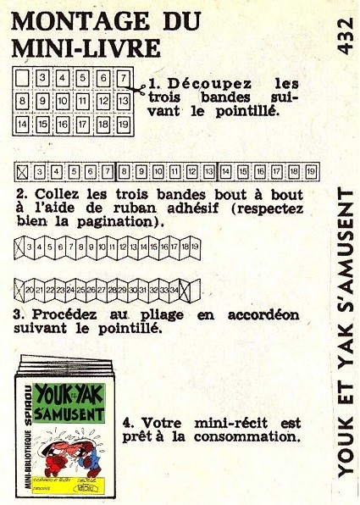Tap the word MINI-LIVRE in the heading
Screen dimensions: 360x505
pyautogui.click(x=86, y=48)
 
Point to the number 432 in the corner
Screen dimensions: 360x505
pyautogui.click(x=346, y=36)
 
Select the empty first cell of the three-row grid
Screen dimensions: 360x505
pyautogui.click(x=22, y=78)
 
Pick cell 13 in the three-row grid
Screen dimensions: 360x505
pyautogui.click(x=124, y=101)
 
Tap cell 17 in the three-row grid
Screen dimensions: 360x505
pyautogui.click(x=83, y=125)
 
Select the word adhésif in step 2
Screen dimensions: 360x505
pyautogui.click(x=192, y=208)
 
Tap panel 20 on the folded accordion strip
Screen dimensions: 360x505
pyautogui.click(x=29, y=291)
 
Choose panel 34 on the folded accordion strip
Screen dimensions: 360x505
pyautogui.click(x=174, y=291)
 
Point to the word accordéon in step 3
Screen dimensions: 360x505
pyautogui.click(x=263, y=315)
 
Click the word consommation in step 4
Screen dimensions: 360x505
pyautogui.click(x=247, y=436)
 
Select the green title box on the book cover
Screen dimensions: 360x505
pyautogui.click(x=69, y=403)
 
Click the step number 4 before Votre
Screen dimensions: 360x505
pyautogui.click(x=127, y=423)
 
